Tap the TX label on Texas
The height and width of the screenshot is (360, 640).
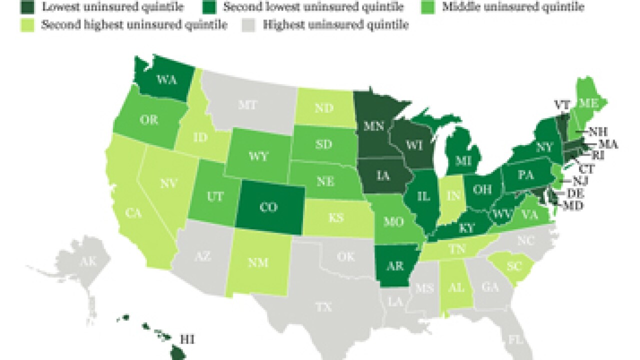click(x=323, y=307)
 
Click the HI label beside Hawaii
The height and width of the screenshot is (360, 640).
click(x=187, y=340)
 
